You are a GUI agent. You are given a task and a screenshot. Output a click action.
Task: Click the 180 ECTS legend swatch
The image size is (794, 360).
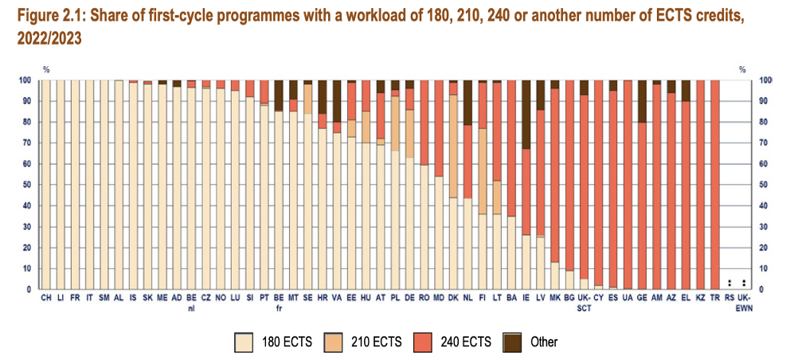[x=243, y=342]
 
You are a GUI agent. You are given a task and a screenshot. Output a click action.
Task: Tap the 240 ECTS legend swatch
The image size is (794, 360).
[x=423, y=342]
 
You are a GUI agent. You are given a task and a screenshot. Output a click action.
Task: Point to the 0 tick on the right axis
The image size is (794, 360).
[x=764, y=290]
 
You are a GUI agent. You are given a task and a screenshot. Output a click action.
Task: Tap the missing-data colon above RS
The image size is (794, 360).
[x=729, y=282]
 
